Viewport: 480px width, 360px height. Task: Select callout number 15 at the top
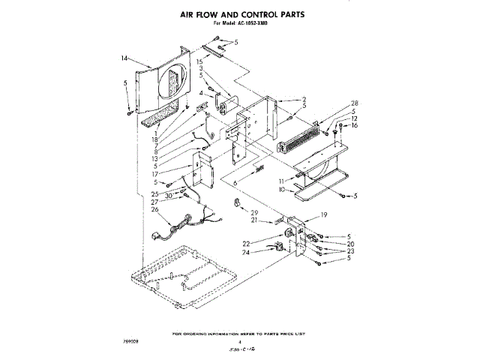(x=200, y=61)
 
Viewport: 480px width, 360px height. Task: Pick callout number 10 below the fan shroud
(x=280, y=190)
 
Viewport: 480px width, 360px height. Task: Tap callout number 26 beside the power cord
(x=155, y=209)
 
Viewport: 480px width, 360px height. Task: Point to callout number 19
(x=325, y=215)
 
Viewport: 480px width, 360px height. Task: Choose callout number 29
(x=254, y=212)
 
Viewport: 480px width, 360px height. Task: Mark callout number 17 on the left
(x=155, y=174)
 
